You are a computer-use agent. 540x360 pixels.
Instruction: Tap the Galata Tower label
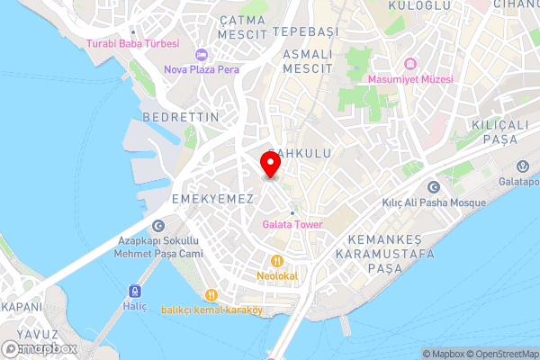tap(292, 224)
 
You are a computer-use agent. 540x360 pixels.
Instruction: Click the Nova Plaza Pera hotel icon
tap(200, 54)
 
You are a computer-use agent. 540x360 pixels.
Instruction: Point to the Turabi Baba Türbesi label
tap(132, 43)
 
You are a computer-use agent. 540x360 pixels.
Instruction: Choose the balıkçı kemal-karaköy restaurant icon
tap(211, 294)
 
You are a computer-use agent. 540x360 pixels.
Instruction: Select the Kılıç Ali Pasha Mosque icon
tap(434, 187)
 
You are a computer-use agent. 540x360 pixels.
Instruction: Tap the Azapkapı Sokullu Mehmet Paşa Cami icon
tap(158, 227)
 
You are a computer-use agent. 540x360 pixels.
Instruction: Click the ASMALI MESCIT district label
tap(308, 61)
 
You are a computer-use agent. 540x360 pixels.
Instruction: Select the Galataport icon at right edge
tap(523, 166)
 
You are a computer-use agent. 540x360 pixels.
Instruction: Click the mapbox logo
tap(40, 348)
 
